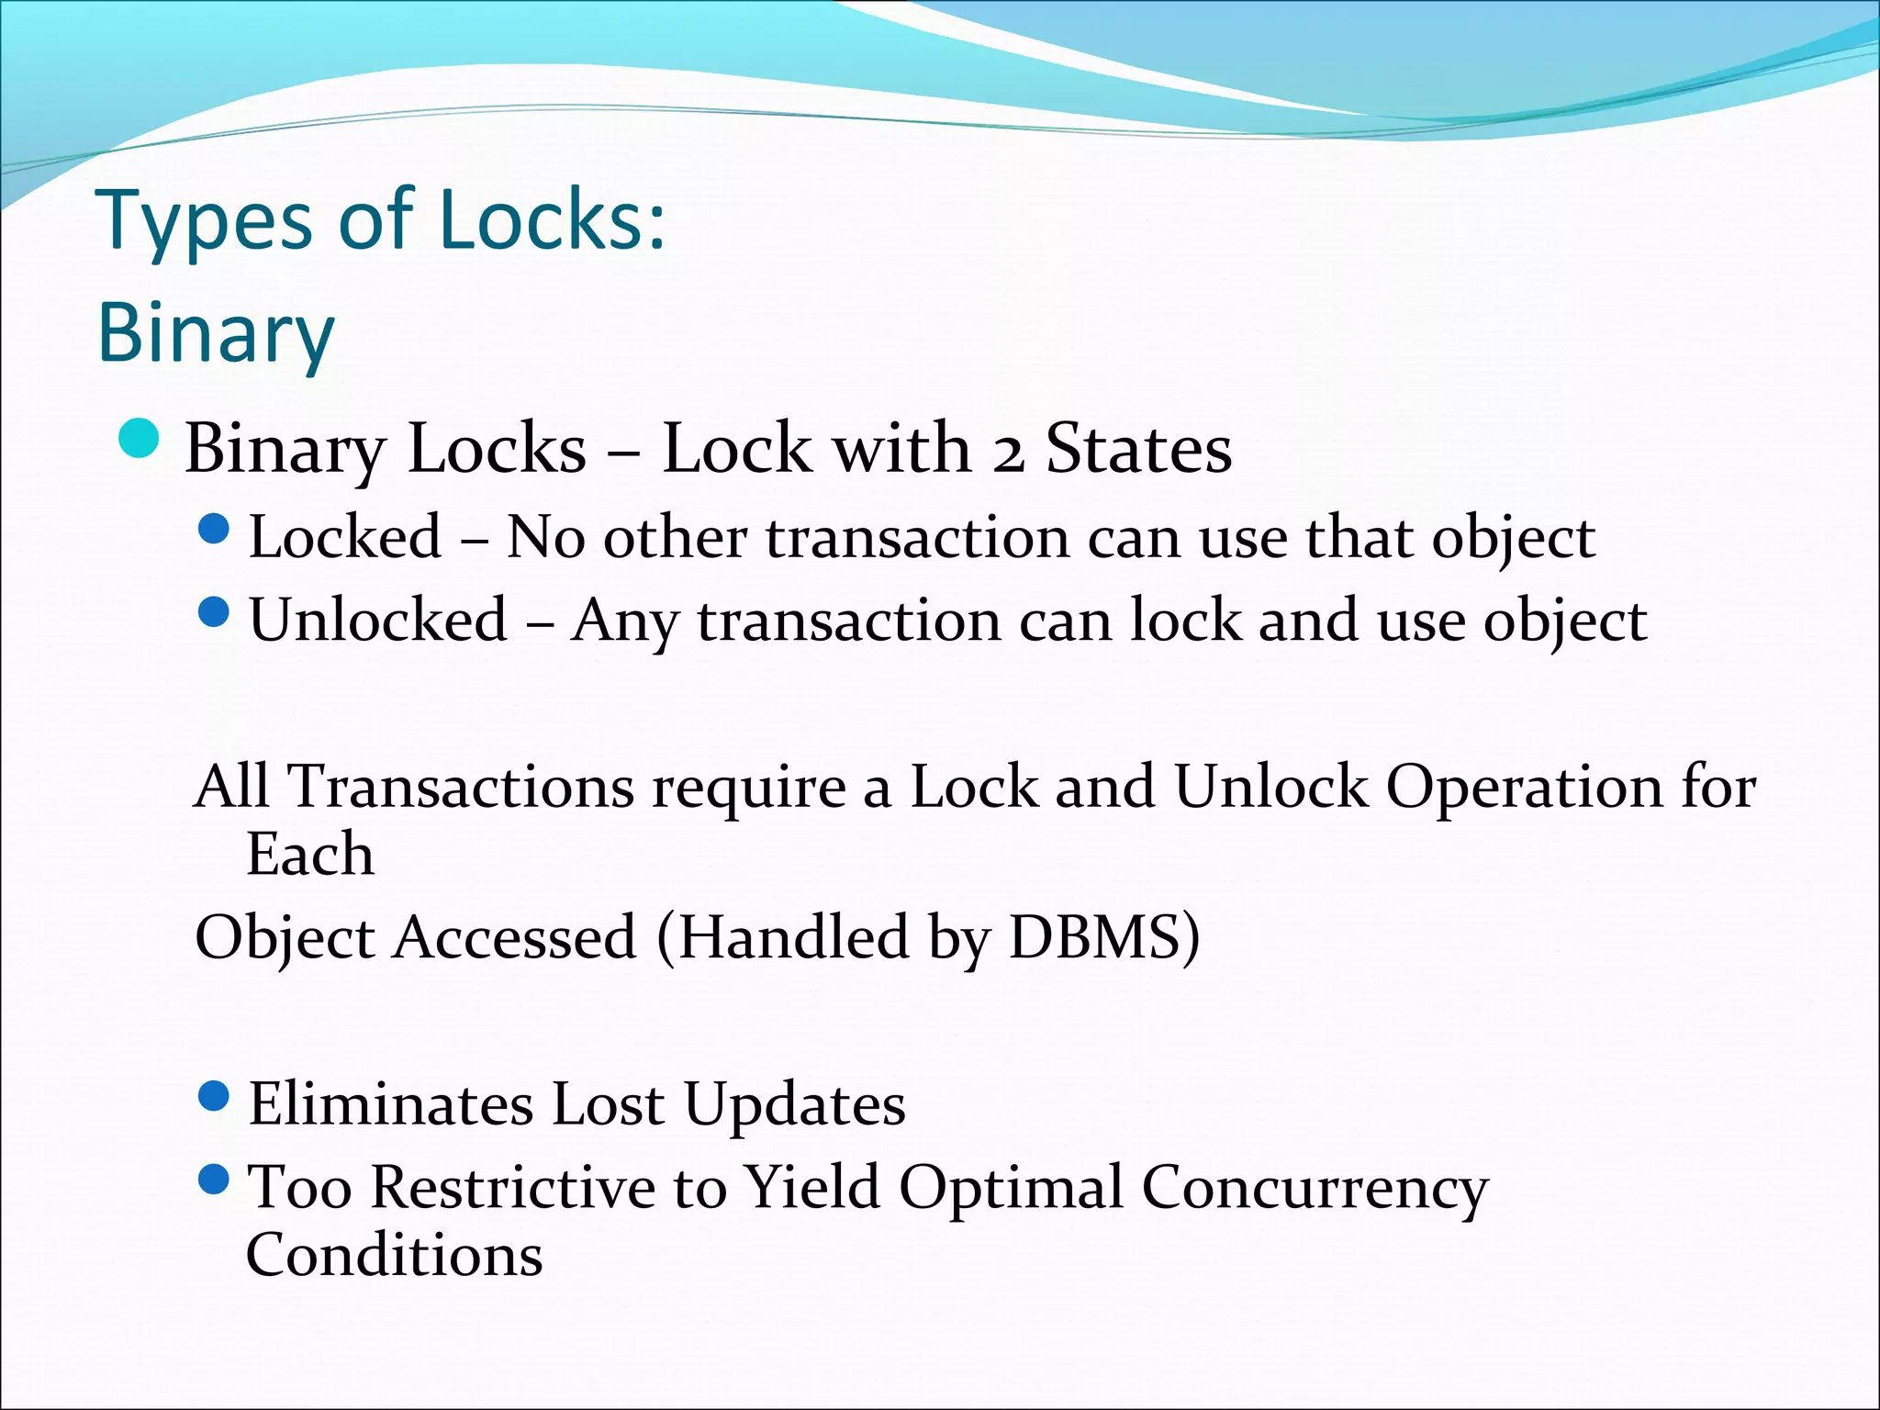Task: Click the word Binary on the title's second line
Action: click(x=216, y=333)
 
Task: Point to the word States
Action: click(x=1138, y=449)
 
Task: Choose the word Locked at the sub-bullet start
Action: click(x=345, y=537)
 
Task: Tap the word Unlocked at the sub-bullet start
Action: click(x=378, y=620)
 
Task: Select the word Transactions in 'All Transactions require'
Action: click(x=461, y=788)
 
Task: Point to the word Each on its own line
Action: click(x=310, y=855)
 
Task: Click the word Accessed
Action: click(x=514, y=937)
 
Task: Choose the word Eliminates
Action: click(x=391, y=1104)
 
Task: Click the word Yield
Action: click(x=811, y=1188)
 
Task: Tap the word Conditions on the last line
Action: click(x=394, y=1255)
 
